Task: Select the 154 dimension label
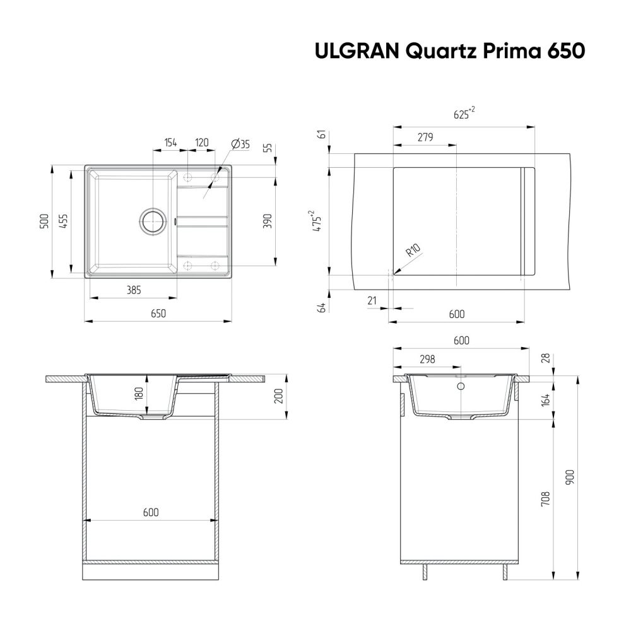click(x=170, y=143)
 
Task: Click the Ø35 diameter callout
click(x=241, y=144)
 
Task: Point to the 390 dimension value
click(x=268, y=221)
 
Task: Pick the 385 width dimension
click(x=133, y=290)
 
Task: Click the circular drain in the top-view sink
click(x=152, y=221)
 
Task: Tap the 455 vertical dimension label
click(x=64, y=221)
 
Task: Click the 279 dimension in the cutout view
click(x=425, y=138)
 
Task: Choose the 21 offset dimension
click(x=372, y=301)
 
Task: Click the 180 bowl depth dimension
click(x=140, y=395)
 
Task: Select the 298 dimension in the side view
click(x=427, y=359)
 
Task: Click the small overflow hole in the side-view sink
click(x=461, y=386)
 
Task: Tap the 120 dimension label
click(x=202, y=143)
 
